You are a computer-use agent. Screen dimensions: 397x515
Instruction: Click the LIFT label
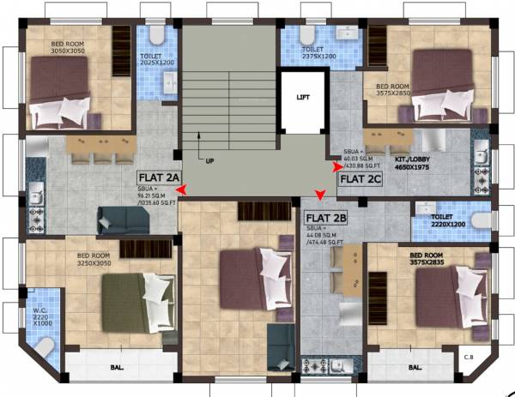pyautogui.click(x=302, y=98)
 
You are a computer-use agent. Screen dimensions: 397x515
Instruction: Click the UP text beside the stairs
pyautogui.click(x=209, y=160)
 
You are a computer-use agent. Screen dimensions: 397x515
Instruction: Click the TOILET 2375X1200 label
pyautogui.click(x=319, y=54)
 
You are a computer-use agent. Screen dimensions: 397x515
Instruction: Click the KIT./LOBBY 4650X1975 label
pyautogui.click(x=415, y=164)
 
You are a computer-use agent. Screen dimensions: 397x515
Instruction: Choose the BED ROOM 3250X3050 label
pyautogui.click(x=95, y=260)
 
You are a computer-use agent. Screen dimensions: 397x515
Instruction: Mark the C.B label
pyautogui.click(x=469, y=358)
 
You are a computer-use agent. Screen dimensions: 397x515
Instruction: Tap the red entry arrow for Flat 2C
pyautogui.click(x=337, y=177)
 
